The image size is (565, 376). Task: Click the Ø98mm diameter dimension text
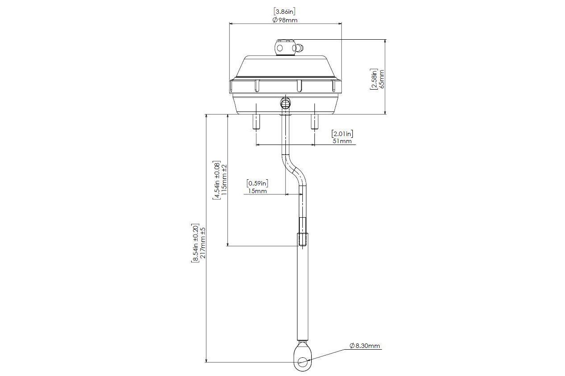tap(285, 20)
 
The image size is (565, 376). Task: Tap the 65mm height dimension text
tap(381, 79)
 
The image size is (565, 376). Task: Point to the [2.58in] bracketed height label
tap(374, 79)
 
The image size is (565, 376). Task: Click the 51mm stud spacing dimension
tap(342, 141)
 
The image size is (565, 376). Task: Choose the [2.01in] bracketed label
tap(342, 133)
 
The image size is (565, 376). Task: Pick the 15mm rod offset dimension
tap(257, 191)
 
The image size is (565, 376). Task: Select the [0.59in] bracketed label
tap(257, 183)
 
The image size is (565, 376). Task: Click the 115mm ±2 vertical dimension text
tap(224, 180)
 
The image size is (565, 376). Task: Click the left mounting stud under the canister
tap(256, 121)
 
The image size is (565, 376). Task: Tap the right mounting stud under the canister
tap(314, 121)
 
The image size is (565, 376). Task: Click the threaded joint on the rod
tap(302, 232)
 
